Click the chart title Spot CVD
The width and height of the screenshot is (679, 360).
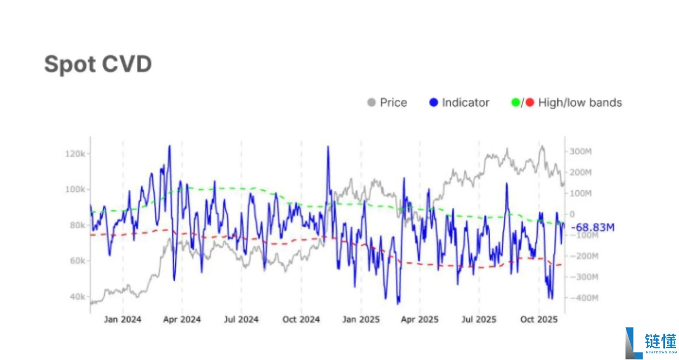point(98,64)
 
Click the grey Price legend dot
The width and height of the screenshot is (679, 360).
point(372,102)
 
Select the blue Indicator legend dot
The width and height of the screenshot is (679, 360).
point(433,102)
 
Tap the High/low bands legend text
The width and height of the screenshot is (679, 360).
point(580,102)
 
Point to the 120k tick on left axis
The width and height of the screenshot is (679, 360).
point(75,154)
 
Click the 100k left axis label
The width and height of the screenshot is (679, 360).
point(75,189)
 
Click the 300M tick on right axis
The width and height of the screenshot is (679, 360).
point(581,152)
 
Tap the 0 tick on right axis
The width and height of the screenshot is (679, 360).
point(572,214)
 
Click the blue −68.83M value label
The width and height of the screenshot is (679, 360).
point(593,228)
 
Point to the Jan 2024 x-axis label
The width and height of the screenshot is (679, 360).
point(123,319)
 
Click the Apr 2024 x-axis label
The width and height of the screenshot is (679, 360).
point(182,319)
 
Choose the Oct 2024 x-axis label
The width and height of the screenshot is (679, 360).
point(301,319)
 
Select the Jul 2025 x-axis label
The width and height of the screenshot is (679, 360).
point(478,319)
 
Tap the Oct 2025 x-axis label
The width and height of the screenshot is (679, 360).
point(539,319)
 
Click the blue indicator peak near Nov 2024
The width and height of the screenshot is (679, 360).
point(328,147)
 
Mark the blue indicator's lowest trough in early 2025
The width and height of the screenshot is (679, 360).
point(399,303)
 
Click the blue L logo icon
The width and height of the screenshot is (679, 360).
point(633,342)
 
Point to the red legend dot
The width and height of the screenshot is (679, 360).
point(529,102)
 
